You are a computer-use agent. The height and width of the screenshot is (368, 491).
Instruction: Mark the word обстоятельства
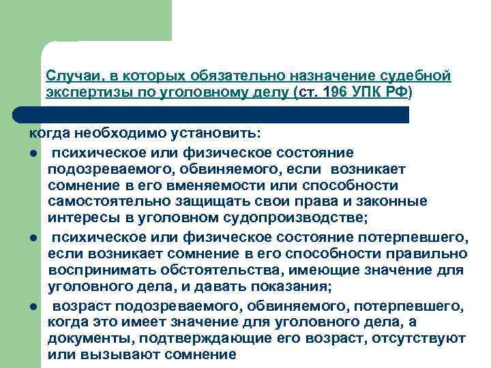[x=223, y=270]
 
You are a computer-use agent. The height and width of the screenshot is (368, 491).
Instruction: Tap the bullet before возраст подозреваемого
[x=32, y=305]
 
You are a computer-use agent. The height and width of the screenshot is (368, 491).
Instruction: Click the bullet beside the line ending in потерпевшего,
[x=32, y=236]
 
